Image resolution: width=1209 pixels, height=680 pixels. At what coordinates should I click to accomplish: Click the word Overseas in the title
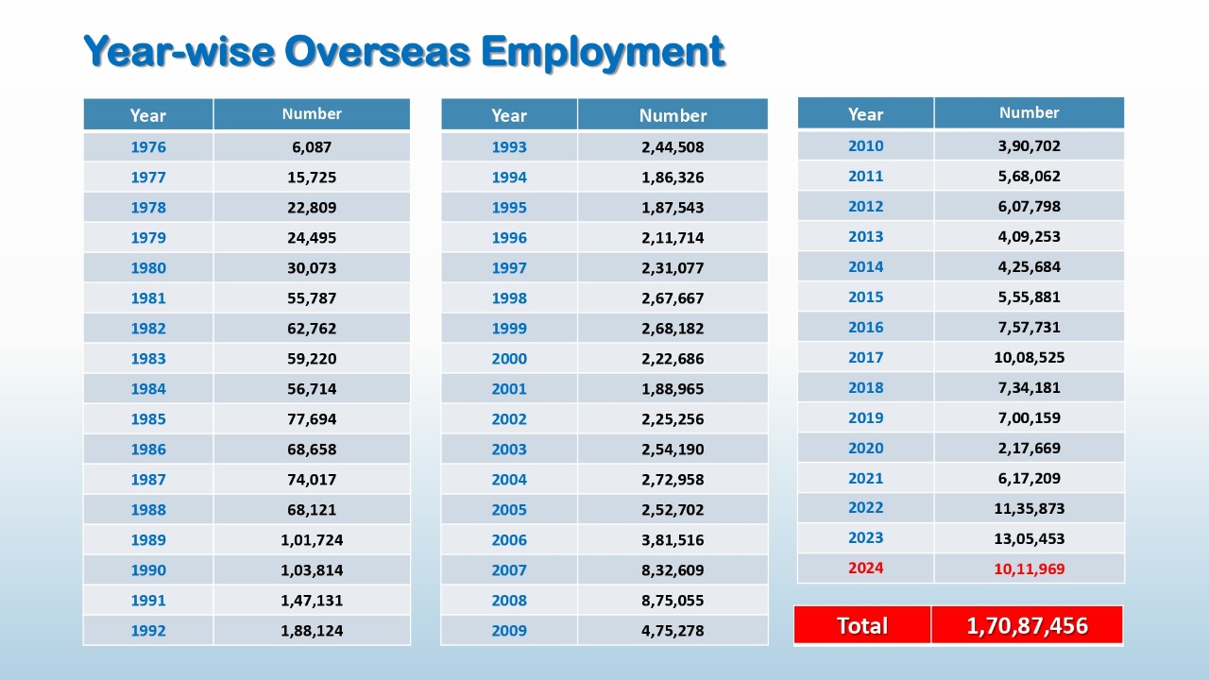pos(377,52)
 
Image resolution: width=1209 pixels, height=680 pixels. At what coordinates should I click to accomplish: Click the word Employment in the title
pos(603,53)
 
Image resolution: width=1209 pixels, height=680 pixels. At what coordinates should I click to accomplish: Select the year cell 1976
pos(148,146)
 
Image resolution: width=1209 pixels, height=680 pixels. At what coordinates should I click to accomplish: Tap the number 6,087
pos(312,146)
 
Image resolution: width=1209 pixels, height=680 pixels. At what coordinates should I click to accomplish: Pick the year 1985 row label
pos(148,418)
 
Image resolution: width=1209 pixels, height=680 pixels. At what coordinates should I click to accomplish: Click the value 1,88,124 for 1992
pos(312,630)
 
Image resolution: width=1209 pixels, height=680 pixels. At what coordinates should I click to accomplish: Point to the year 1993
pos(509,146)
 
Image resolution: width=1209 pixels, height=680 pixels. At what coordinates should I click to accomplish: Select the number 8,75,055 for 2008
pos(673,600)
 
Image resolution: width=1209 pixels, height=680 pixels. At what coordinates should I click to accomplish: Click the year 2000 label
pos(509,358)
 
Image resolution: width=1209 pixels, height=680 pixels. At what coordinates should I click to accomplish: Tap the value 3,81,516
pos(673,539)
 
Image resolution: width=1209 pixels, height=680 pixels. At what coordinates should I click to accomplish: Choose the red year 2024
pos(866,568)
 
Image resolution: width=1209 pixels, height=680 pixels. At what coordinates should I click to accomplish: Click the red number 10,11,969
pos(1030,569)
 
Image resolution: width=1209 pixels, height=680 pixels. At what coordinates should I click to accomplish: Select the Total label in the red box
pos(862,625)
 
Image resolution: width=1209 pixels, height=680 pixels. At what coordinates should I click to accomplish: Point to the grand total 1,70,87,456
pos(1027,625)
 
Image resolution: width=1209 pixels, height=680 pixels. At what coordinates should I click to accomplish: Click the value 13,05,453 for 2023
pos(1030,538)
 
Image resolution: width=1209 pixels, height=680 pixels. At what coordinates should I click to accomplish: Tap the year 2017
pos(866,357)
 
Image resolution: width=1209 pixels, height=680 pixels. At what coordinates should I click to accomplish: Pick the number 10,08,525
pos(1030,357)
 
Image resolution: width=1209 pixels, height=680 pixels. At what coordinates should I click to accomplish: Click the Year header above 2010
pos(866,114)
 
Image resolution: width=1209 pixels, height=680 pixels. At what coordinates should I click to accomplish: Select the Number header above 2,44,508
pos(673,115)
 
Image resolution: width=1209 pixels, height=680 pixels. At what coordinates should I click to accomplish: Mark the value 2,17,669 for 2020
pos(1030,448)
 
